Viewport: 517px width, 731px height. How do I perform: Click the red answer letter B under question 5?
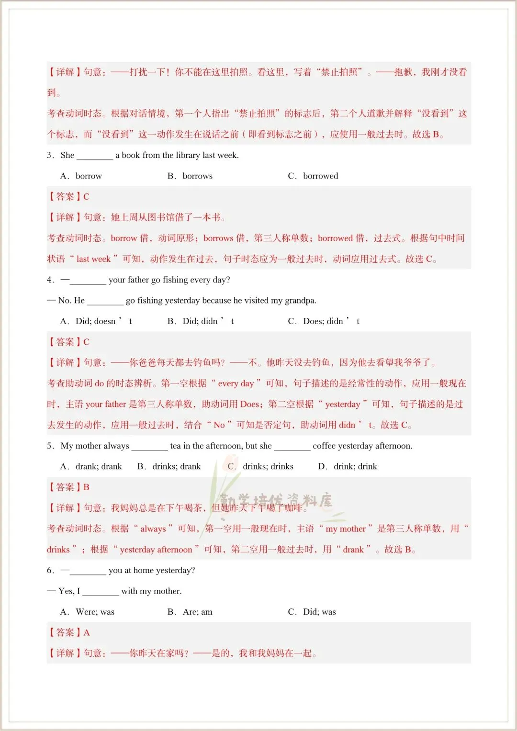pos(87,487)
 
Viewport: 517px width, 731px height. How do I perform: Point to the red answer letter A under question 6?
pos(87,633)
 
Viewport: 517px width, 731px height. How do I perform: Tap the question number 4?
pos(50,280)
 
